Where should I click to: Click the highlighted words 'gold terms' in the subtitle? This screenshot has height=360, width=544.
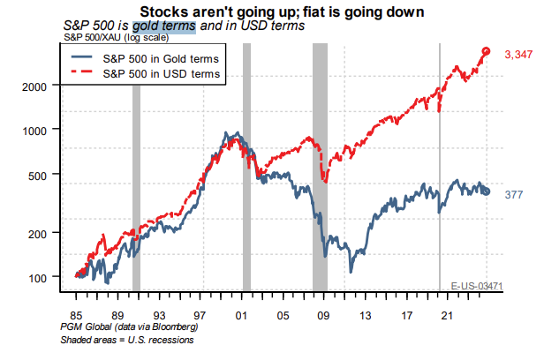click(163, 26)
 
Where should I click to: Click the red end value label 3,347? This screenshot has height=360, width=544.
click(518, 55)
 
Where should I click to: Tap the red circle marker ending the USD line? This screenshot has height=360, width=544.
click(486, 51)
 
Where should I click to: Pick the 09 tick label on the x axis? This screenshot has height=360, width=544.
click(321, 314)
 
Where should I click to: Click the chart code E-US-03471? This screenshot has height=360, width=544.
click(477, 286)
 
